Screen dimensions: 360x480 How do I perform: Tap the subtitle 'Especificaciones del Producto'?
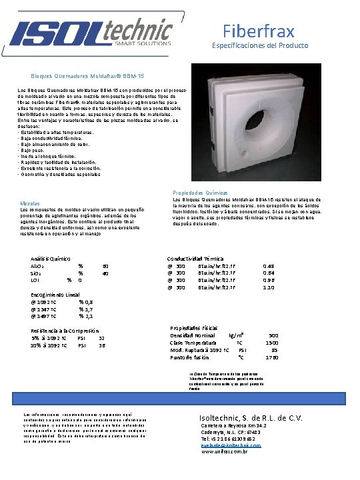pyautogui.click(x=260, y=45)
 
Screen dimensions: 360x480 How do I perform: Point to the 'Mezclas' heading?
pyautogui.click(x=31, y=203)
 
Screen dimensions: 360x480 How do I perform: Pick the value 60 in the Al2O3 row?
pyautogui.click(x=105, y=266)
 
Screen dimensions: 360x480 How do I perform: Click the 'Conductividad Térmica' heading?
pyautogui.click(x=195, y=258)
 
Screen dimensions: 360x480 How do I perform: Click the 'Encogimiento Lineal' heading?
pyautogui.click(x=55, y=294)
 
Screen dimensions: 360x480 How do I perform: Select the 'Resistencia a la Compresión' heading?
pyautogui.click(x=65, y=330)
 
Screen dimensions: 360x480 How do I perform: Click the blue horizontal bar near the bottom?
pyautogui.click(x=180, y=395)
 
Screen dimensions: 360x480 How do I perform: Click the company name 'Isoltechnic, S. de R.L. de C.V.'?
pyautogui.click(x=252, y=418)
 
